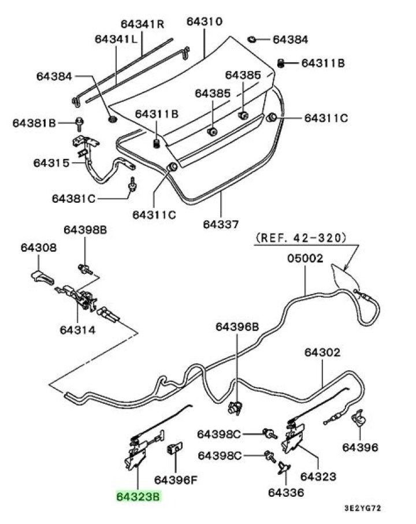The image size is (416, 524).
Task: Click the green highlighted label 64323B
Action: click(x=138, y=496)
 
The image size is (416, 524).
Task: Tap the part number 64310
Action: click(x=204, y=22)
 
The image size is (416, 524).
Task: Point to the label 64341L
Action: click(x=116, y=39)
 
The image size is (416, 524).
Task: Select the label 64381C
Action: click(x=73, y=198)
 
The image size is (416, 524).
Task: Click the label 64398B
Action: click(x=85, y=230)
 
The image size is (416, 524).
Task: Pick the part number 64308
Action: click(x=39, y=249)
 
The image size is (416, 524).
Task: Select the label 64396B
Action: click(x=237, y=326)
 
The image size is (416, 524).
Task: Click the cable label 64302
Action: click(x=322, y=352)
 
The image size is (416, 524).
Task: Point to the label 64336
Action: click(x=285, y=493)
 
